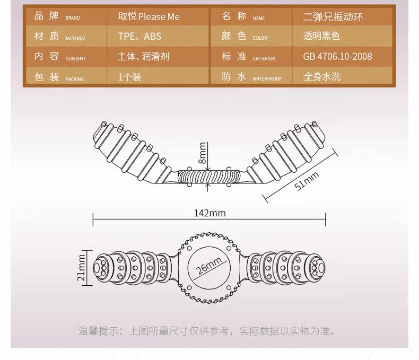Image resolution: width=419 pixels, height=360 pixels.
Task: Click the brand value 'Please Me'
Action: pos(159,17)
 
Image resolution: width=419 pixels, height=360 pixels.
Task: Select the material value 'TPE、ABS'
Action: pos(140,36)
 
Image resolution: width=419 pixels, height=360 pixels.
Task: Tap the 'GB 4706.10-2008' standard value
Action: pos(337,56)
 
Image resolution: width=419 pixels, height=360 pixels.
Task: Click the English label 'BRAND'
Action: pos(73,18)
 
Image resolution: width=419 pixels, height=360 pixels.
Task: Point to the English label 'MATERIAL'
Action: pos(76,39)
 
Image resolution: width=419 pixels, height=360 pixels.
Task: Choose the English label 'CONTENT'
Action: pos(76,58)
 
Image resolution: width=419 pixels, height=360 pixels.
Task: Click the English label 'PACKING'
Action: pos(75,79)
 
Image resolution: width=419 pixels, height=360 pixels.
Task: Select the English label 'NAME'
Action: pos(259,19)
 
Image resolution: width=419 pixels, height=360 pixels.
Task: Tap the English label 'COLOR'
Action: pos(260,38)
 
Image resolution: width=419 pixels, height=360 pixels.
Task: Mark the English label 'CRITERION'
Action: pos(264,58)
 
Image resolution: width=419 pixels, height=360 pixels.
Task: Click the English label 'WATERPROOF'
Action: pos(267,79)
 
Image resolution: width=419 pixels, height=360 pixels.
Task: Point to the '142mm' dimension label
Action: pos(210,213)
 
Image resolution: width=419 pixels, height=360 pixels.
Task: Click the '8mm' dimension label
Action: pos(203,153)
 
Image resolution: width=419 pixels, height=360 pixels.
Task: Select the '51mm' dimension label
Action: pos(307,181)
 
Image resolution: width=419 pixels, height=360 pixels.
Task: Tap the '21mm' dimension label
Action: pos(81,268)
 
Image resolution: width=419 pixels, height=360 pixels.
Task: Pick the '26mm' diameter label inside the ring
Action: pos(208,266)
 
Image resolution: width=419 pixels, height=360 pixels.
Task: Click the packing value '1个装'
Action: pos(129,77)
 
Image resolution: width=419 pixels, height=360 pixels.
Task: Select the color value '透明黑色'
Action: pos(321,36)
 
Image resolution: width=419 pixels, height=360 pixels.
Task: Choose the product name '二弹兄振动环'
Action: pos(333,17)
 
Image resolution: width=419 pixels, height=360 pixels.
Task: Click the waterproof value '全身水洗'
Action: pos(322,77)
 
